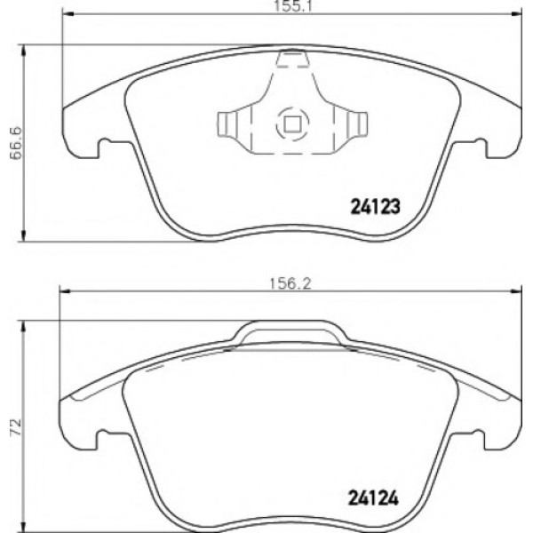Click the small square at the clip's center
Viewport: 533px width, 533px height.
290,123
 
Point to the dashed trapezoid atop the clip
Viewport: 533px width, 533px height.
290,60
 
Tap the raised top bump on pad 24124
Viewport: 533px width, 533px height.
289,332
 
